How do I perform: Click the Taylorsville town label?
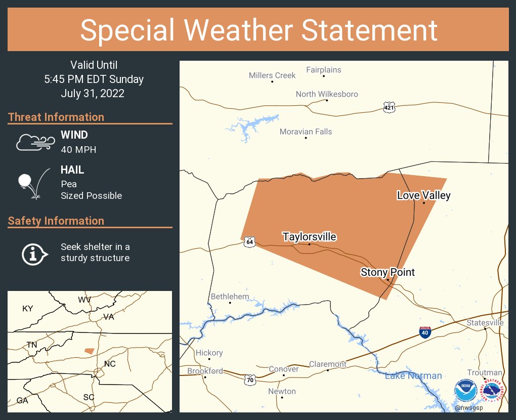click(309, 237)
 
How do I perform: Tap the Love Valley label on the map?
click(423, 195)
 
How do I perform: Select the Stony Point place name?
click(388, 272)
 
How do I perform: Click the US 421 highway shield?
click(389, 107)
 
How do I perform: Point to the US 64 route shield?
click(249, 242)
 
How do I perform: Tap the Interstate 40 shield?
click(425, 332)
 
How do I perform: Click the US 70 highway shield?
click(249, 379)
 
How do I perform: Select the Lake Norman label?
click(413, 375)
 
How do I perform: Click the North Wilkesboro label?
click(327, 94)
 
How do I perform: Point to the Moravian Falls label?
click(306, 132)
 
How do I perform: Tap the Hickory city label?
click(209, 353)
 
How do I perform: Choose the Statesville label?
click(485, 322)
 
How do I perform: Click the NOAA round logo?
click(465, 391)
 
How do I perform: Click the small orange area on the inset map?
click(89, 351)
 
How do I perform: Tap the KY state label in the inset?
click(27, 308)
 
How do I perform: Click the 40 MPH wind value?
click(78, 149)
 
